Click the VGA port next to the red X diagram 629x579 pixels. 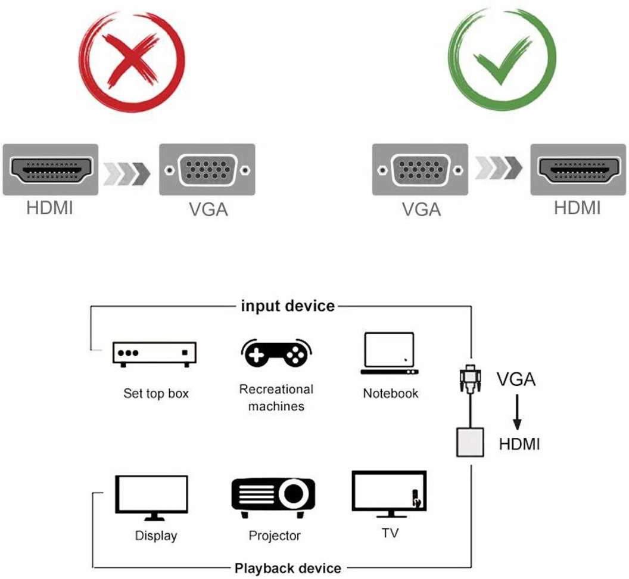point(207,170)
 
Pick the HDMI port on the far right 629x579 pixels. point(578,170)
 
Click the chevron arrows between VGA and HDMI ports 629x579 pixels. point(499,170)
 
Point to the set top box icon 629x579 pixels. point(154,353)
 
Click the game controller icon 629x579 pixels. point(277,353)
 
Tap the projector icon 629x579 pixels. point(273,497)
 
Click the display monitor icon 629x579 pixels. point(151,497)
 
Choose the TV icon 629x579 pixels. point(389,494)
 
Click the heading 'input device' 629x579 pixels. point(288,306)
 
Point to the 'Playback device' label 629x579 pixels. point(288,568)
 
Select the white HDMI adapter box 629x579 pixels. point(470,442)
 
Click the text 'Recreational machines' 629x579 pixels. point(276,398)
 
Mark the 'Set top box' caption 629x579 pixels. point(155,394)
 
